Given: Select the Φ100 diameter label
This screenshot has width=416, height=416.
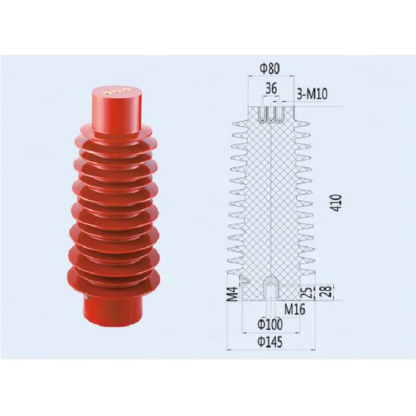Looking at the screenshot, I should pos(270,324).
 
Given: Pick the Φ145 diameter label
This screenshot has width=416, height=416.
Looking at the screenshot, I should pos(270,342).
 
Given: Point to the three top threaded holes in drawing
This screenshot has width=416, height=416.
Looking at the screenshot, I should pos(270,112).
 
